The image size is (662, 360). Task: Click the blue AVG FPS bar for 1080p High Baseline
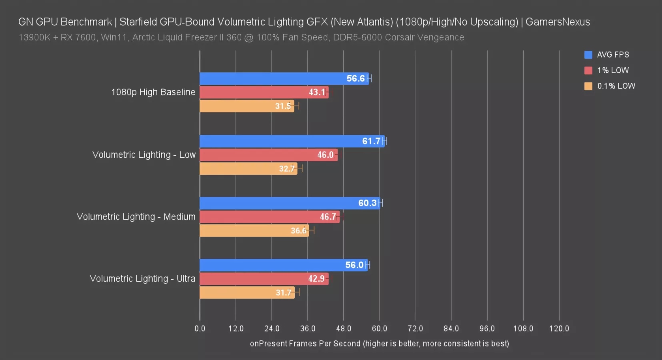click(x=284, y=78)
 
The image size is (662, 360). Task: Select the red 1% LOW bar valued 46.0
click(x=268, y=155)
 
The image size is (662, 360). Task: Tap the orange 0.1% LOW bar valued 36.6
click(x=254, y=231)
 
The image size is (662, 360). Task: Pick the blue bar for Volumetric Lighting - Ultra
click(x=283, y=265)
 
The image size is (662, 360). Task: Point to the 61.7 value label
click(x=371, y=141)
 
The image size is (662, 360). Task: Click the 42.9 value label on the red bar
click(x=316, y=279)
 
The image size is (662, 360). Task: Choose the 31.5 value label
click(x=283, y=106)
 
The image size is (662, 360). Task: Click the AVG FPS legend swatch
click(x=588, y=55)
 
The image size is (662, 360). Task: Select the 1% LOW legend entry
click(x=613, y=70)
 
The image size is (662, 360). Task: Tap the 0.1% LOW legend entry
click(x=616, y=86)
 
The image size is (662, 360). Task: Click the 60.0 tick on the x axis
click(x=379, y=329)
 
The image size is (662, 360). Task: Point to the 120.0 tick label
click(x=559, y=329)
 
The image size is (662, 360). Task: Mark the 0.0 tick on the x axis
click(x=200, y=329)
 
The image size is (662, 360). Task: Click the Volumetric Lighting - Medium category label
click(x=136, y=217)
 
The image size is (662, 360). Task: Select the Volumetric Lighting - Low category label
click(x=144, y=155)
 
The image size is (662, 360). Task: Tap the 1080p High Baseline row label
click(x=153, y=92)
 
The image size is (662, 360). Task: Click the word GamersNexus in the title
click(x=558, y=22)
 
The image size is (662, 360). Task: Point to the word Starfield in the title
click(x=138, y=22)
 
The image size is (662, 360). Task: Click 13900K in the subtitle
click(x=34, y=38)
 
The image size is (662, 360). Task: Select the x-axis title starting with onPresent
click(x=379, y=344)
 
